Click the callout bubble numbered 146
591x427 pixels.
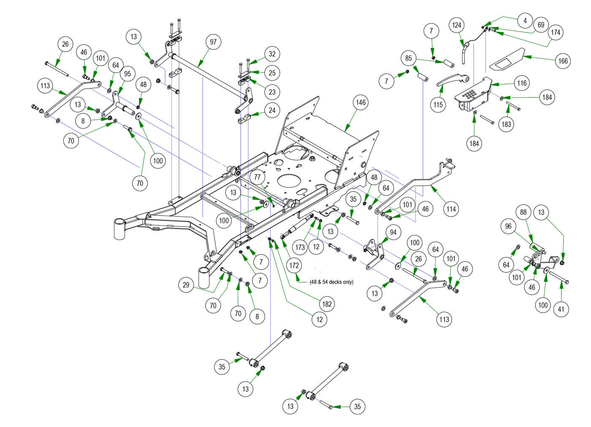coord(361,102)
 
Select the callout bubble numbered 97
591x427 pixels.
coord(213,42)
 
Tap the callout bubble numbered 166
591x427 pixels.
coord(563,61)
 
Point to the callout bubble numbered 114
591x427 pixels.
coord(451,209)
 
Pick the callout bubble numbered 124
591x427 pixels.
coord(456,25)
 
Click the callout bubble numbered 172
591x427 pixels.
coord(294,265)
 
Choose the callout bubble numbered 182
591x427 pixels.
coord(327,304)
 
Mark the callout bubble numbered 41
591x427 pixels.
coord(561,309)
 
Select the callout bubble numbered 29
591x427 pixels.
coord(186,285)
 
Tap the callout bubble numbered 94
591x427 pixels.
coord(393,232)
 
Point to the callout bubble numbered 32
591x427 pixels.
coord(272,54)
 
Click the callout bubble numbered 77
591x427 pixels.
coord(258,177)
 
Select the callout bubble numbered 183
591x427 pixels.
coord(506,124)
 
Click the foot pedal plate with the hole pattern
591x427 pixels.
coord(472,95)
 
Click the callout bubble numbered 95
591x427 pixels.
coord(127,73)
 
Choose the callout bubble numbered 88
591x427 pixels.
coord(523,212)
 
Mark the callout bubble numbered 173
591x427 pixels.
coord(300,247)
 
